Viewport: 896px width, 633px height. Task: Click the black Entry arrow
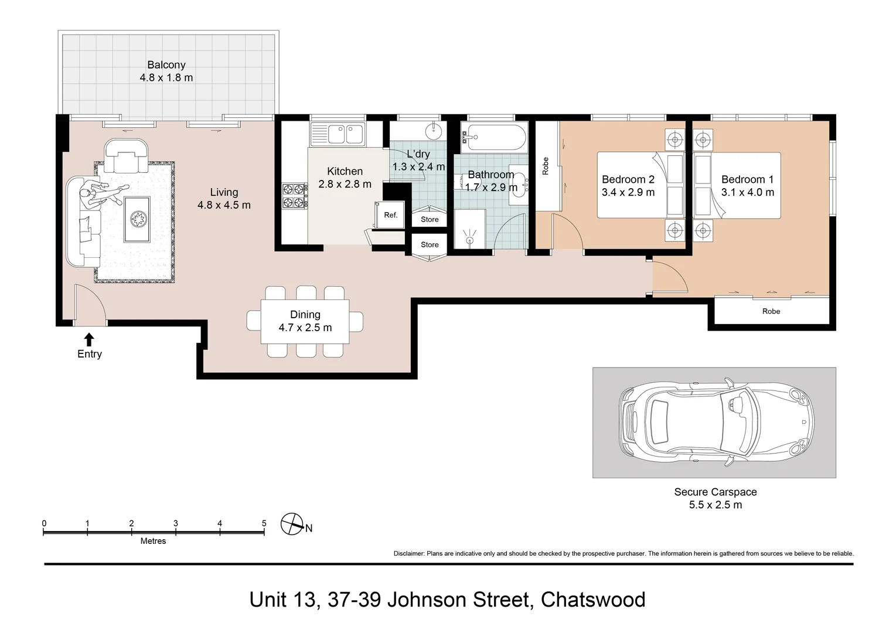pyautogui.click(x=89, y=340)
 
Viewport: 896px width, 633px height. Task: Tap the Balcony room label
pyautogui.click(x=166, y=65)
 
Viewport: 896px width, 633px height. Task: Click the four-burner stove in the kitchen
pyautogui.click(x=294, y=196)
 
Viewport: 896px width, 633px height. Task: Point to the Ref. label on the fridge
pyautogui.click(x=391, y=215)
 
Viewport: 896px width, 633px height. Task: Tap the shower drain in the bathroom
pyautogui.click(x=469, y=240)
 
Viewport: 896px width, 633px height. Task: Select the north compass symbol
pyautogui.click(x=292, y=524)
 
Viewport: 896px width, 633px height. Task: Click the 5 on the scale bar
pyautogui.click(x=264, y=523)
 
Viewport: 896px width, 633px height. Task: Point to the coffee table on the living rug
pyautogui.click(x=137, y=219)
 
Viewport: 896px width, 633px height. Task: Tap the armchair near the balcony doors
pyautogui.click(x=126, y=156)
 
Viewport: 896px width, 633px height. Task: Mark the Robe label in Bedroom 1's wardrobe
pyautogui.click(x=771, y=311)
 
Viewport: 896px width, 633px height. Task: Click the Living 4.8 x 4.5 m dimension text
pyautogui.click(x=224, y=205)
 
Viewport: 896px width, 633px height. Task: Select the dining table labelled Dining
pyautogui.click(x=305, y=321)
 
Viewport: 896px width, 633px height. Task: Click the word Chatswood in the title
pyautogui.click(x=593, y=600)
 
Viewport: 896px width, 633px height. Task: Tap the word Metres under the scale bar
pyautogui.click(x=153, y=541)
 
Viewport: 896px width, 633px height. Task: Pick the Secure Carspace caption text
pyautogui.click(x=715, y=498)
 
